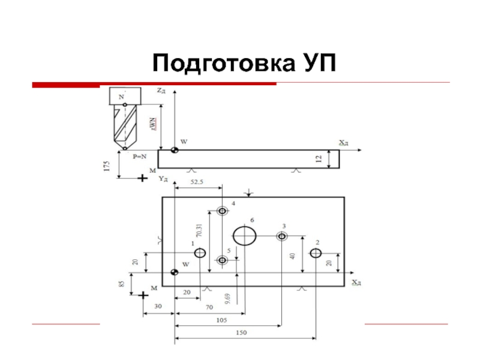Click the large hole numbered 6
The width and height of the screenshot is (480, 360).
coord(244,235)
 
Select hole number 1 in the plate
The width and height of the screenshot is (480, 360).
coord(200,253)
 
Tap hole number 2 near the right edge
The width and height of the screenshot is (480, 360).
coord(316,253)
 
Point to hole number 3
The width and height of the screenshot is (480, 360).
coord(281,236)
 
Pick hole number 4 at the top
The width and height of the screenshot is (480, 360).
coord(223,211)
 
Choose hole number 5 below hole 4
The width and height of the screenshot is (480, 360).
coord(223,260)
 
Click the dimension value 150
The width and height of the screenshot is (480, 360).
coord(241,332)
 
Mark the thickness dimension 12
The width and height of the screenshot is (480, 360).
coord(320,159)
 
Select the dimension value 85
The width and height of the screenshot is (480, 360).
coord(122,283)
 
